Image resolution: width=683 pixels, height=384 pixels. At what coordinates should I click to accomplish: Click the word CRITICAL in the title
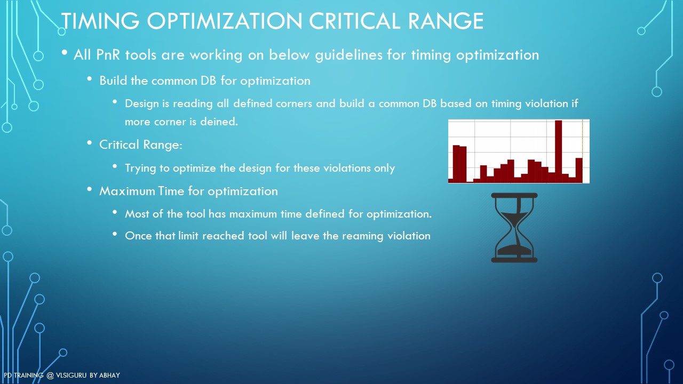pos(354,21)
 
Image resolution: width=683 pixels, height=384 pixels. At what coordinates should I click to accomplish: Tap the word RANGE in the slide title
pos(446,21)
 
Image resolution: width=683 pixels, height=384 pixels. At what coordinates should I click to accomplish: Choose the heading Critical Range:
pos(140,145)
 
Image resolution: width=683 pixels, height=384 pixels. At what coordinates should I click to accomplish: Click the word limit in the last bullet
pos(188,236)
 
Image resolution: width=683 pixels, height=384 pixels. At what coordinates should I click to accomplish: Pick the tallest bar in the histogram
pos(558,151)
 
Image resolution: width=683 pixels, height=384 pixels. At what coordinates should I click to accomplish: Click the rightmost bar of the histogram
pos(579,170)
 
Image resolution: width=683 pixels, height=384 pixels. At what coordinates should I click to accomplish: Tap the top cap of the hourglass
pos(514,195)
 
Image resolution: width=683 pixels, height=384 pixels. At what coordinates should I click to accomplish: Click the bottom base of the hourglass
pos(514,260)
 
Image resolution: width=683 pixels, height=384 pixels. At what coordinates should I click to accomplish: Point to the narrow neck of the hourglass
pos(515,228)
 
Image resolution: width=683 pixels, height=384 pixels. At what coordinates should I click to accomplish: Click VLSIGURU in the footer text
pos(71,375)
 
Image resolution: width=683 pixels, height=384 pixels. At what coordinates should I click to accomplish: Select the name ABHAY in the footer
pos(109,375)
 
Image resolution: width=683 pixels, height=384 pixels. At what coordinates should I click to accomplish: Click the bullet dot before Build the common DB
pos(89,79)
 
